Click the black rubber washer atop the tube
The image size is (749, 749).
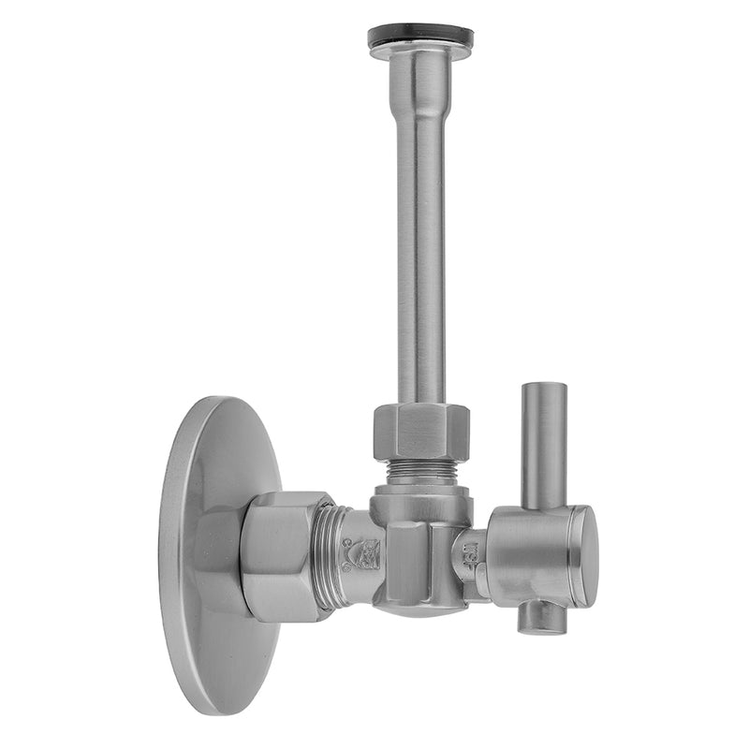(x=420, y=36)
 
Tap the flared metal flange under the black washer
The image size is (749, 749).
(x=420, y=52)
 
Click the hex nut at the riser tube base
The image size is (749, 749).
(x=420, y=431)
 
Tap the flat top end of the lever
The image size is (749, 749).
(x=544, y=386)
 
